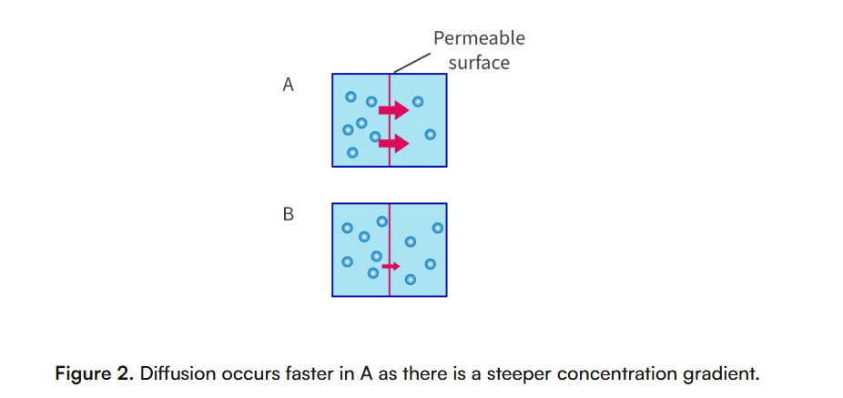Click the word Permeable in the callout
coord(479,38)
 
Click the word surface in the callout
coord(479,63)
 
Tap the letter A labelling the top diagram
coord(289,86)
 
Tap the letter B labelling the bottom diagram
coord(289,216)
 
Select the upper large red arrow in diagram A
coord(394,110)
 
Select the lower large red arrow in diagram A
coord(394,142)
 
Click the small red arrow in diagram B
coord(391,266)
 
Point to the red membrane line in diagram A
coord(390,155)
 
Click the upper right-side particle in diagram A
coord(418,101)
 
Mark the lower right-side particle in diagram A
coord(431,135)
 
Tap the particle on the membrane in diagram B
coord(381,220)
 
